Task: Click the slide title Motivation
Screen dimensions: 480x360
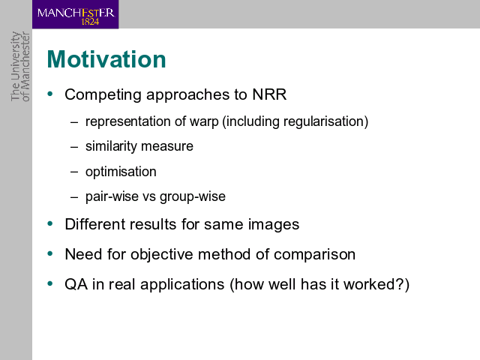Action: click(x=106, y=59)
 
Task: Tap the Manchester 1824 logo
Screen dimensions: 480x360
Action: click(x=75, y=14)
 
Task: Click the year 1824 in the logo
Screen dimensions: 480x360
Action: click(x=90, y=22)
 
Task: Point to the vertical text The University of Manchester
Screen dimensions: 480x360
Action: click(x=20, y=66)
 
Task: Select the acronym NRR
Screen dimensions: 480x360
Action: click(x=269, y=94)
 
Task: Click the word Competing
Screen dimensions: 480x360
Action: click(x=103, y=95)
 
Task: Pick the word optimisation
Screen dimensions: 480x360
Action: click(x=121, y=172)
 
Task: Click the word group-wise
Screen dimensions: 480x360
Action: click(x=193, y=196)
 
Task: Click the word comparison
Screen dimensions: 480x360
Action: click(x=314, y=255)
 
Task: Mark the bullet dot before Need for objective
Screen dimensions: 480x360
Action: click(x=50, y=253)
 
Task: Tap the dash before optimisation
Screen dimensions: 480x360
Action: click(x=74, y=172)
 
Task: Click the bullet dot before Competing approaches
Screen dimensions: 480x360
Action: click(x=50, y=94)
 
